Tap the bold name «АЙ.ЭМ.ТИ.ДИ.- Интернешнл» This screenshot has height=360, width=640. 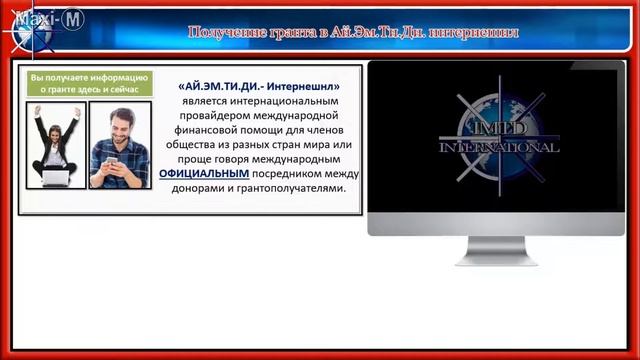[260, 87]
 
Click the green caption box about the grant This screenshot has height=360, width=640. [89, 83]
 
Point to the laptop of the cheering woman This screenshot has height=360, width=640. [56, 177]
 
